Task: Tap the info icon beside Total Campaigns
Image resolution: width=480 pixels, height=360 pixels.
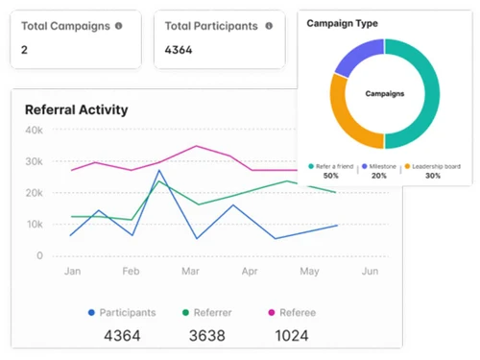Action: point(118,26)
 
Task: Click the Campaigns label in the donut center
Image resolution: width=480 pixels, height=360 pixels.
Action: point(384,94)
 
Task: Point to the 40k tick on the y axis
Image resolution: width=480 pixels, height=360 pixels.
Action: point(34,131)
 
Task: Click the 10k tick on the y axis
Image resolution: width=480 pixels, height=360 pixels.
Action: point(34,225)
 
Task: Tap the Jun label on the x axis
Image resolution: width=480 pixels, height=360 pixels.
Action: point(368,272)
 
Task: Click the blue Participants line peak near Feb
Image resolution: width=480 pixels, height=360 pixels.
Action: point(158,171)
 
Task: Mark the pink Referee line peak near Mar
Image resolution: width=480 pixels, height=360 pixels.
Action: point(196,146)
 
